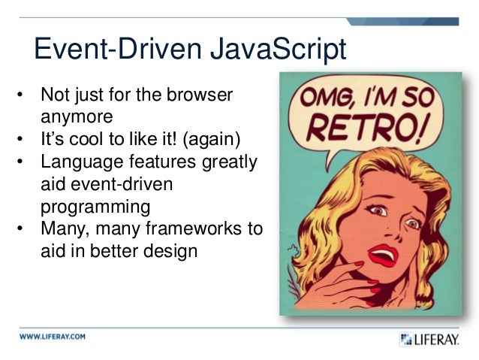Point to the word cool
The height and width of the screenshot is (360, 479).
(89, 140)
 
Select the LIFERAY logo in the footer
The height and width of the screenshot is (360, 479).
(429, 340)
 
